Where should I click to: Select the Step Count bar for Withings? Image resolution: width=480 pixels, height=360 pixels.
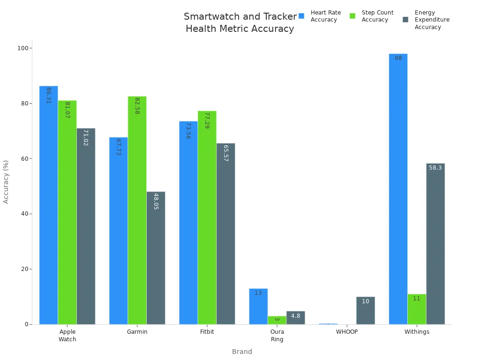pos(417,309)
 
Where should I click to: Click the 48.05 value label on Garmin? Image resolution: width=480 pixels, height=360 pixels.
pos(156,201)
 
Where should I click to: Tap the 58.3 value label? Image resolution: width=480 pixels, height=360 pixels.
pos(435,168)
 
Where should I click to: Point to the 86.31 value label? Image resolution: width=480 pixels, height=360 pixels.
pos(48,95)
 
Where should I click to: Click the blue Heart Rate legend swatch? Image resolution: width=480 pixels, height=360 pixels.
pos(301,16)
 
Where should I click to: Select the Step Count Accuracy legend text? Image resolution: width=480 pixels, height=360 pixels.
pos(377,16)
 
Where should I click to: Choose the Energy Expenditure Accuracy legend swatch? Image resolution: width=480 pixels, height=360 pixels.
pos(405,20)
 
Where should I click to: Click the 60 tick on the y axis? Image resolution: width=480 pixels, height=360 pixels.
pos(23,158)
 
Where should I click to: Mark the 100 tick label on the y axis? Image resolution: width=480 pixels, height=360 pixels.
pos(22,48)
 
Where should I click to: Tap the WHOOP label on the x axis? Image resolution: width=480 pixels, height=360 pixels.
pos(346,332)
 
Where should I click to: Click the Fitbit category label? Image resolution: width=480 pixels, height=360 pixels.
pos(207,332)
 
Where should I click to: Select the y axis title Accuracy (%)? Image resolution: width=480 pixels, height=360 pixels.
pos(6,181)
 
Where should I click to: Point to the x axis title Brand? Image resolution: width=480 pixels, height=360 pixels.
pos(242,352)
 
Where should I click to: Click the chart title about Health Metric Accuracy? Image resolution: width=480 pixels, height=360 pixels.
pos(240,22)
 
